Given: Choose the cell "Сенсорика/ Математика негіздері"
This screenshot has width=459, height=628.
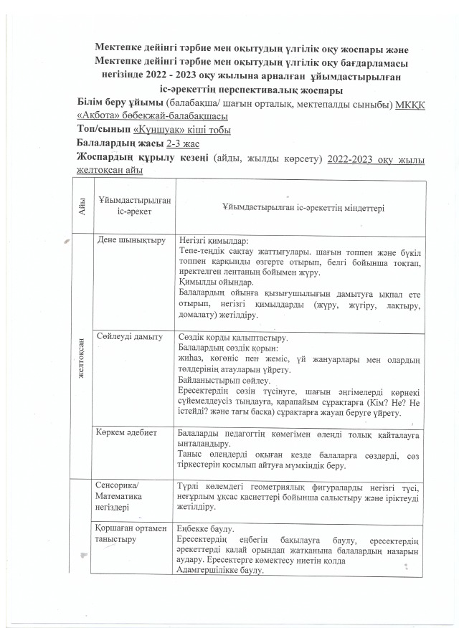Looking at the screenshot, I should [x=123, y=496].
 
